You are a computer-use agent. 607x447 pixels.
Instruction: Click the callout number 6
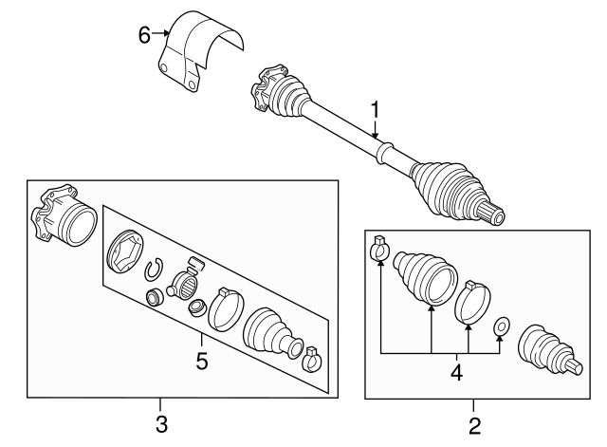click(x=144, y=34)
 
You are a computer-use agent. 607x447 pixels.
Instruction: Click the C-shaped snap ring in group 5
click(x=154, y=271)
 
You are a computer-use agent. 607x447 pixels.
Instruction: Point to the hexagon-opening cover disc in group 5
click(x=124, y=249)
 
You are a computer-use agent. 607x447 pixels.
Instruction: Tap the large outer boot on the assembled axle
click(x=446, y=188)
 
